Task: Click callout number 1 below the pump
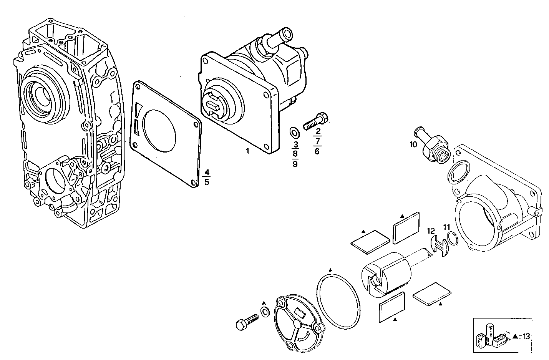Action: (248, 151)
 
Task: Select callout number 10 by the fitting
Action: (413, 145)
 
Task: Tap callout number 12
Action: (431, 231)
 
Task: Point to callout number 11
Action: (446, 227)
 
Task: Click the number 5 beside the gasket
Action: (207, 182)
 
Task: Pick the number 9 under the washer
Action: (295, 164)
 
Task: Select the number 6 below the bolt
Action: (317, 151)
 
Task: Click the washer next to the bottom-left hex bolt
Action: (265, 312)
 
